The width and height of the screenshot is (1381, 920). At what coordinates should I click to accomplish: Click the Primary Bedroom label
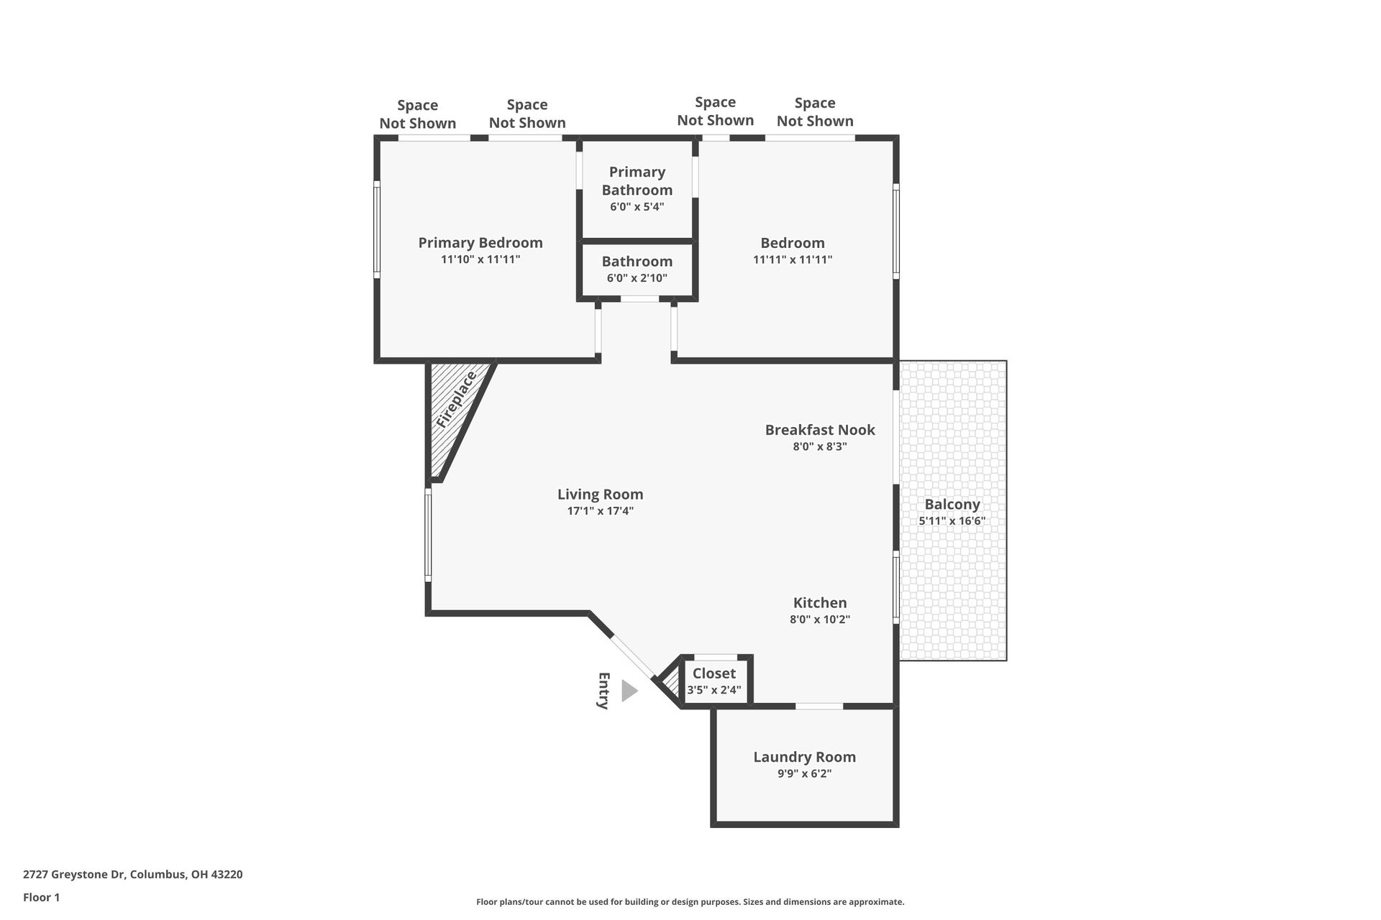(480, 243)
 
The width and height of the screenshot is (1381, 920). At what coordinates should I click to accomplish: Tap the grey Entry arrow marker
(629, 691)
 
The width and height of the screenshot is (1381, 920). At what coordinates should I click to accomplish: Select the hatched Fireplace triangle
(454, 413)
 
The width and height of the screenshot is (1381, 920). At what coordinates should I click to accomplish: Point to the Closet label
(714, 673)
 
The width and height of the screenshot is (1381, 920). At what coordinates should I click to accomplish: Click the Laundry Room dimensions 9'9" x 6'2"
(804, 774)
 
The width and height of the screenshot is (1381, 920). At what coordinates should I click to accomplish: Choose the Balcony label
(952, 505)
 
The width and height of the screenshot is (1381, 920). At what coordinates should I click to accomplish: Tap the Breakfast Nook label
(820, 430)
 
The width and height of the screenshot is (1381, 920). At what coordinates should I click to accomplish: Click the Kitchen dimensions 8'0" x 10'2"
(820, 620)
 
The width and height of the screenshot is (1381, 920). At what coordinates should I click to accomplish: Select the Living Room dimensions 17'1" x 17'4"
(600, 511)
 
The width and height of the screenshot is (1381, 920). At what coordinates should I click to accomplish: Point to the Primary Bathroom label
(637, 180)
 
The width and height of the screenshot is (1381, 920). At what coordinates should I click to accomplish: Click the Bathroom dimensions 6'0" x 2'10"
(637, 278)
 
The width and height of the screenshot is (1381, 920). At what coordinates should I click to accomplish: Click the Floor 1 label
(41, 897)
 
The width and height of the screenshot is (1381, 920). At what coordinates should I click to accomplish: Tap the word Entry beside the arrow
(604, 691)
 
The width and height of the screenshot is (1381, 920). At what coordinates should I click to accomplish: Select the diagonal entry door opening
(633, 657)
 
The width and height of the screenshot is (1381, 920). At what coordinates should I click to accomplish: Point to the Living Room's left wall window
(428, 534)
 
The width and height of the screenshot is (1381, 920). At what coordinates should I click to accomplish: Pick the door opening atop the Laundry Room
(819, 707)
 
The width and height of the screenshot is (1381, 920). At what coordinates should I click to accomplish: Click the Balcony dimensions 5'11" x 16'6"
(952, 521)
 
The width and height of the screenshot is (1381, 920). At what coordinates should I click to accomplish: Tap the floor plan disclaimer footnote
(690, 902)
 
